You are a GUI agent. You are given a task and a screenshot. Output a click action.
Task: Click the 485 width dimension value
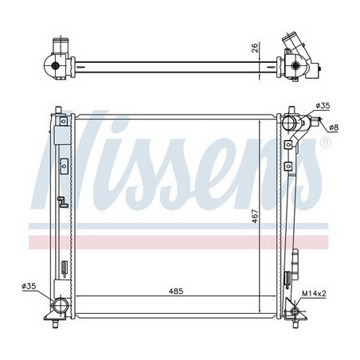coord(176,292)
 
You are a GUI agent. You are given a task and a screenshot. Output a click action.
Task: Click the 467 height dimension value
coord(255,217)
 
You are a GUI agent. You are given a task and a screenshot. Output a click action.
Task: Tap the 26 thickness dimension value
coord(255,48)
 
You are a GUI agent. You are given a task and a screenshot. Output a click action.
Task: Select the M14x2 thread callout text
coord(314,293)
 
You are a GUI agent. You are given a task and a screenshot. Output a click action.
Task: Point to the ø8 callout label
coord(334,127)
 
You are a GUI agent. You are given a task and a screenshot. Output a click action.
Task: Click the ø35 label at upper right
coord(323,106)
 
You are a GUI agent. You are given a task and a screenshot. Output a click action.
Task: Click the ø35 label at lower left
coord(29,286)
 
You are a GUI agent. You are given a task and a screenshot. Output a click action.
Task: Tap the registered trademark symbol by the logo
coord(326,143)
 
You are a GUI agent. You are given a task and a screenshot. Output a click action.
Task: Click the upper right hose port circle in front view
coord(288,123)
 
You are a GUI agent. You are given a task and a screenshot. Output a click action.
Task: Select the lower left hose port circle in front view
coord(60,307)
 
